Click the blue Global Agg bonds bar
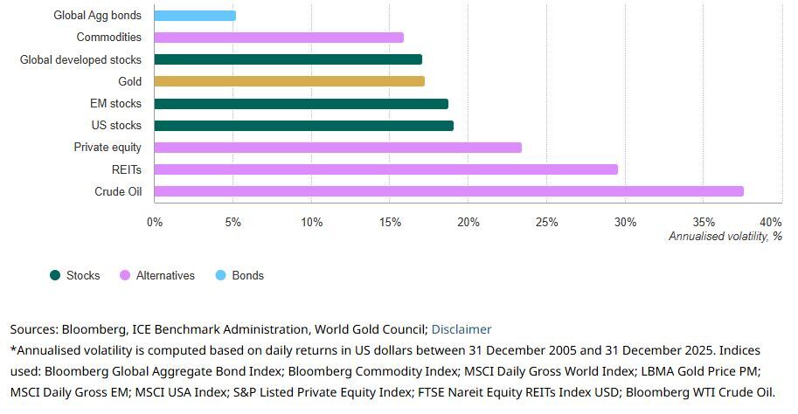click(195, 16)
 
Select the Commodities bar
click(279, 38)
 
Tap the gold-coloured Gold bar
click(289, 81)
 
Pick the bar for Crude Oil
click(448, 191)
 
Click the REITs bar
click(385, 169)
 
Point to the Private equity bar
click(337, 148)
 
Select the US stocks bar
click(303, 126)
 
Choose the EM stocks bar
click(301, 104)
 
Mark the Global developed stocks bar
click(288, 59)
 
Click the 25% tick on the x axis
click(546, 222)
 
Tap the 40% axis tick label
click(771, 222)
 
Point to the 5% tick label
click(232, 222)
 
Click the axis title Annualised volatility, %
click(725, 236)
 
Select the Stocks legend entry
click(83, 275)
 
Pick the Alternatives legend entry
click(165, 275)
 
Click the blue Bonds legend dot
click(220, 275)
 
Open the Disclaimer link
click(461, 329)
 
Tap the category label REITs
click(127, 169)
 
